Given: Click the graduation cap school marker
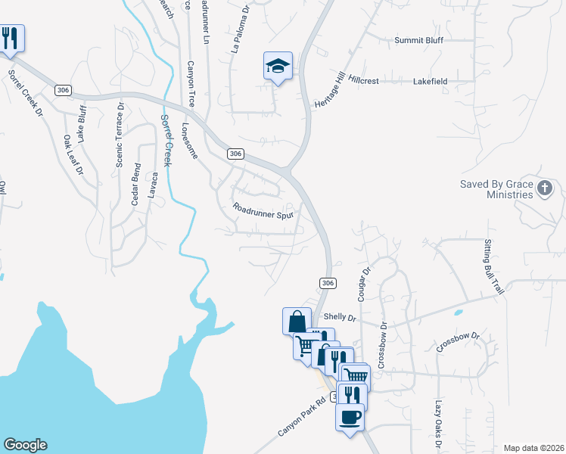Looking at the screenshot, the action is point(278,66).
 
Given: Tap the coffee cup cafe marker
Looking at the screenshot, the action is point(350,417).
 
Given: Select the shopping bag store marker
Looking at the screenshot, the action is point(297,321).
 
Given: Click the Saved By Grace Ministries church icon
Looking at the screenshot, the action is point(545,189).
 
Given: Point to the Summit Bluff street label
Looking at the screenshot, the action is point(418,40).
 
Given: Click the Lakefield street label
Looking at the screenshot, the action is point(431,80).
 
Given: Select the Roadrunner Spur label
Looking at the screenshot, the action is point(262,210).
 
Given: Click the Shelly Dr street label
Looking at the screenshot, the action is point(339,318).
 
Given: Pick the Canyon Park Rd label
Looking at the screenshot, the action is point(300,418).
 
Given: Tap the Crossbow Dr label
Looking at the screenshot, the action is point(458,342).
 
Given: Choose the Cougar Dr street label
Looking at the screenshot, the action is point(362,284).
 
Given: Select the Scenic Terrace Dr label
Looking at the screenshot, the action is point(119,135).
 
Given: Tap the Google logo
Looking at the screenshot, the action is point(25,445).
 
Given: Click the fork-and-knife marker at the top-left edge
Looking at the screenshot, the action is point(10,39).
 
